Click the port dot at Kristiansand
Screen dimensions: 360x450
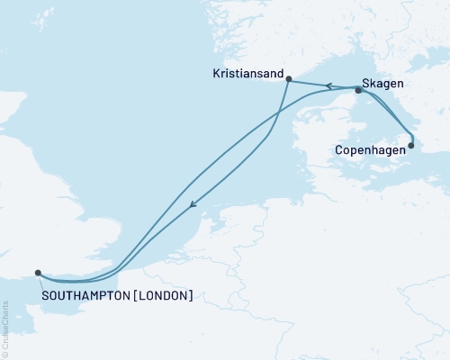tap(287, 79)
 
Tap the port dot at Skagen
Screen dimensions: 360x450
tap(358, 90)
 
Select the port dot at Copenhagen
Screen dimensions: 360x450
tap(411, 144)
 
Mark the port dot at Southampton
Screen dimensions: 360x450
tap(37, 272)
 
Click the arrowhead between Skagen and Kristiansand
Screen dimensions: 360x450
tap(329, 86)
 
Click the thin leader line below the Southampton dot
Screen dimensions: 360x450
tap(39, 280)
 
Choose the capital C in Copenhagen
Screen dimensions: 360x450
tap(337, 150)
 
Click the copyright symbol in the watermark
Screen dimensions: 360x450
tap(5, 355)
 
